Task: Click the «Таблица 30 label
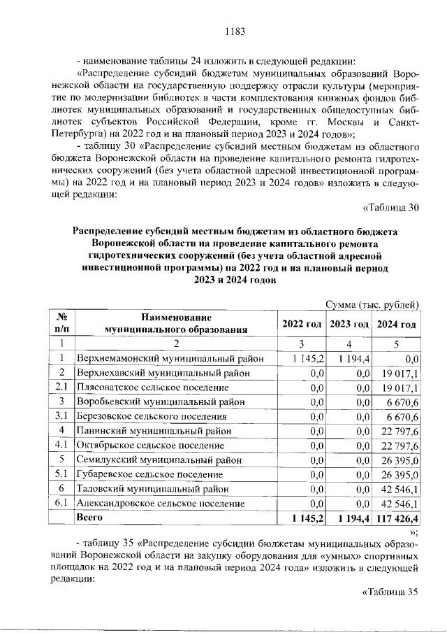pyautogui.click(x=391, y=206)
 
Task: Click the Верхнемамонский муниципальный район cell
pyautogui.click(x=170, y=359)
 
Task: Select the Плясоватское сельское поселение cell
pyautogui.click(x=152, y=387)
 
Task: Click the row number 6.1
pyautogui.click(x=61, y=502)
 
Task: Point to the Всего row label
pyautogui.click(x=89, y=518)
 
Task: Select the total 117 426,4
pyautogui.click(x=397, y=518)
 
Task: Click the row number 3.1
pyautogui.click(x=61, y=416)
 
